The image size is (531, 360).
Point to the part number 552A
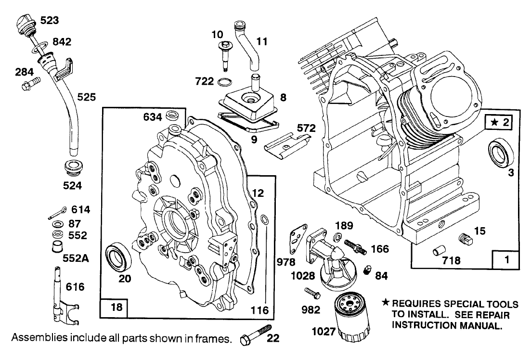(x=77, y=257)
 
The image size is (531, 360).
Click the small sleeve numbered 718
(x=438, y=250)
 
